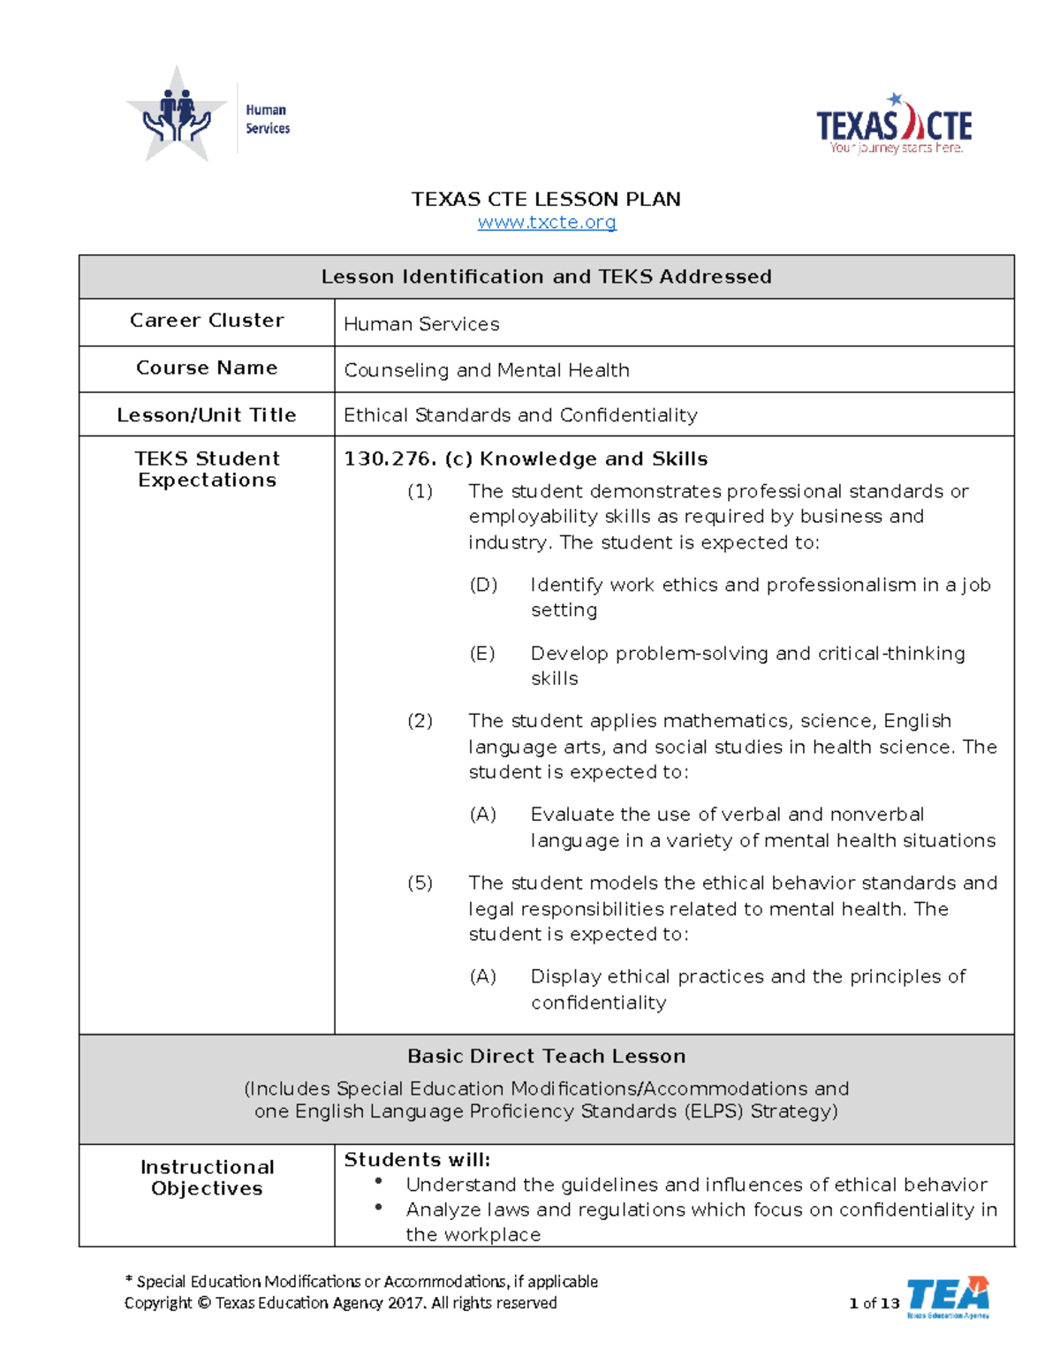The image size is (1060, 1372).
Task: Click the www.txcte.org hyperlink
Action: [x=547, y=223]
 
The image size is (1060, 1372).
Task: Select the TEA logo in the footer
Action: [x=948, y=1297]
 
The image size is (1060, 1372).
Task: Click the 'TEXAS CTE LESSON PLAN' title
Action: [x=546, y=199]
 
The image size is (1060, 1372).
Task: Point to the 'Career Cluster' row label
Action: [x=207, y=321]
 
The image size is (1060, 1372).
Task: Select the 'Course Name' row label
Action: [x=207, y=368]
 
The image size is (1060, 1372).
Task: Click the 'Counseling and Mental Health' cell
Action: [x=487, y=370]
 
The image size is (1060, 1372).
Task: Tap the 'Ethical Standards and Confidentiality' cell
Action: [x=520, y=415]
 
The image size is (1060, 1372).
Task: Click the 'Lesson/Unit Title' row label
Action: [x=207, y=415]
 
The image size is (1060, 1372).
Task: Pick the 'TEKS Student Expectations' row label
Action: [x=207, y=469]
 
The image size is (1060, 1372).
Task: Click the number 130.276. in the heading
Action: [x=390, y=459]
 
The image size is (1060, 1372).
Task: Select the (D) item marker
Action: [x=483, y=585]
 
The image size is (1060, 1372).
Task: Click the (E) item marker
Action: [x=482, y=654]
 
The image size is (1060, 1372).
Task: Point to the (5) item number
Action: [x=420, y=883]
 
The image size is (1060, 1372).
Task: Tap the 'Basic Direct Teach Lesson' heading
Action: [x=546, y=1057]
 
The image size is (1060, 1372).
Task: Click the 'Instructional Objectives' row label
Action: [x=207, y=1178]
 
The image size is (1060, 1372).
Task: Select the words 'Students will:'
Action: [x=417, y=1160]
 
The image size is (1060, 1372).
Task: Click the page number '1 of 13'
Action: [x=874, y=1303]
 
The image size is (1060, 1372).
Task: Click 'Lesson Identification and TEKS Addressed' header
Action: [x=546, y=277]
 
